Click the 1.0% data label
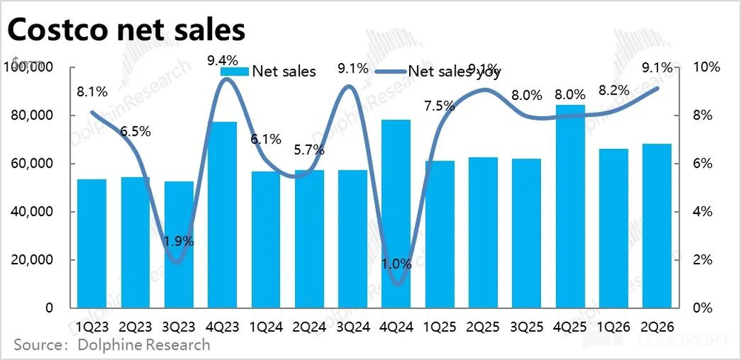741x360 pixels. (x=396, y=262)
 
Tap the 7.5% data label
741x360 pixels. (x=439, y=105)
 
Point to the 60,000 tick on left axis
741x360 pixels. (x=33, y=164)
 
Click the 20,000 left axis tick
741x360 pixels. (x=33, y=260)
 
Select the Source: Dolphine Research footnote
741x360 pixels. (x=111, y=344)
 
